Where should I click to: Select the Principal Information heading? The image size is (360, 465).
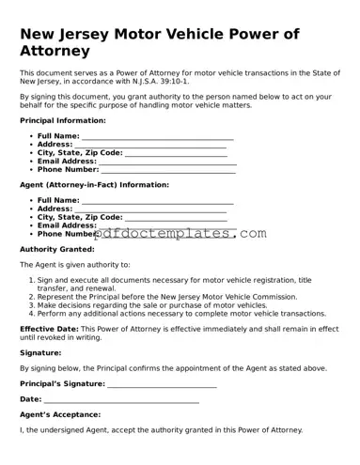click(63, 120)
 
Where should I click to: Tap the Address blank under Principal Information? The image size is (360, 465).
click(150, 145)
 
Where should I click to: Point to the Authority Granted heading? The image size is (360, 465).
click(57, 249)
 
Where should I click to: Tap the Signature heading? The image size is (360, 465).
click(40, 353)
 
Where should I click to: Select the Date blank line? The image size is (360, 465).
click(121, 399)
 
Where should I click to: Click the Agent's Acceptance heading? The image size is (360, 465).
click(60, 414)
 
